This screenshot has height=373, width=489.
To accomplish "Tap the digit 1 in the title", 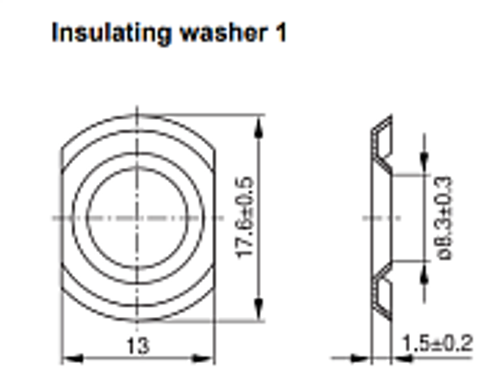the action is (281, 32).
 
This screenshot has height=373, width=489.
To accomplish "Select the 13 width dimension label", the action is (138, 346).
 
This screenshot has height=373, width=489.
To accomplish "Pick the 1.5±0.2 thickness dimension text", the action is (438, 343).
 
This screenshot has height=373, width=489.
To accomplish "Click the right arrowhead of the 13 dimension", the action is (203, 358).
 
